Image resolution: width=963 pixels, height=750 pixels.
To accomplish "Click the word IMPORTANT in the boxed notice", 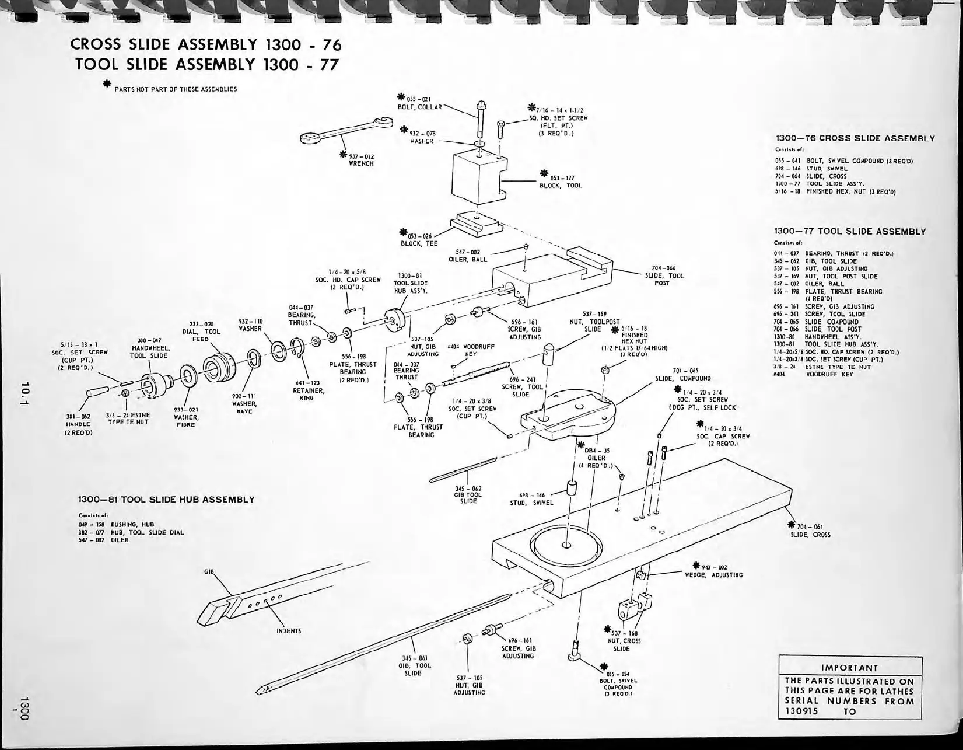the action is pos(849,668).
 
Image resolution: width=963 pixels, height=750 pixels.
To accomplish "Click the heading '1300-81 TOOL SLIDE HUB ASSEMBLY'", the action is pos(166,500).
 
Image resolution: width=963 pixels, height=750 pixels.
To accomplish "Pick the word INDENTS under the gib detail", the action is pos(289,630).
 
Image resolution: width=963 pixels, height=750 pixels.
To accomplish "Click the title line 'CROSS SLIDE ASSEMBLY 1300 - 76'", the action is pos(205,44).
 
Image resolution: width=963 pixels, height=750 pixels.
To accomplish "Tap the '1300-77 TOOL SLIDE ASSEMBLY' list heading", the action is pos(850,232).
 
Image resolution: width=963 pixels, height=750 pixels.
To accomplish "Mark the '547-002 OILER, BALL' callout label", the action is pos(468,255).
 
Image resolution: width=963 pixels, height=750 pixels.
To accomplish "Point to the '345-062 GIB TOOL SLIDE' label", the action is pos(468,494).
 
